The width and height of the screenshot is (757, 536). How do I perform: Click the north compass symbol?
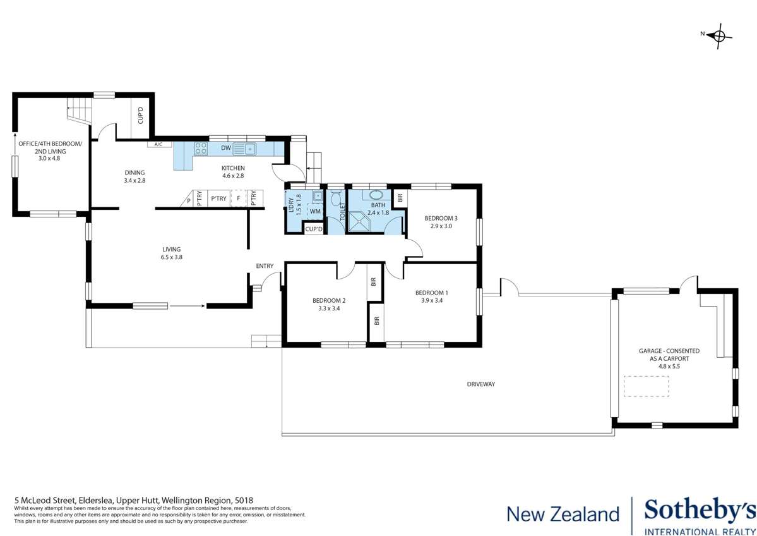point(718,35)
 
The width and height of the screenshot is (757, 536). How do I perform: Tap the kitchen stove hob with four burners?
point(201,149)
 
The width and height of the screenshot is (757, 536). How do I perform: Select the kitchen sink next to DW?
point(244,149)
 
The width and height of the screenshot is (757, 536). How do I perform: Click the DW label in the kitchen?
point(225,149)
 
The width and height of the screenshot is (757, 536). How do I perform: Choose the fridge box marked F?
point(238,198)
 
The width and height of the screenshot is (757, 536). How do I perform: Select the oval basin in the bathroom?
point(376,195)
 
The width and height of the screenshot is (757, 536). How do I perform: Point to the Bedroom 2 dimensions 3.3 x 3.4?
point(329,309)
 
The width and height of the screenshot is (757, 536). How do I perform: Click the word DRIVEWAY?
point(480,384)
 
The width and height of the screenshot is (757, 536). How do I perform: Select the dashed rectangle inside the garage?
point(647,386)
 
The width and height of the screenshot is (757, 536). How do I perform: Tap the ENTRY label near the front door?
point(265,266)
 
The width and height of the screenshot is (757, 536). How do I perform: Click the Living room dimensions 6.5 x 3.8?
point(172,257)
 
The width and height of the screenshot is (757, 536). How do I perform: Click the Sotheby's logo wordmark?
point(698,510)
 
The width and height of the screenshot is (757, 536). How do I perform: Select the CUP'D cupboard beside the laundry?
point(314,229)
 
